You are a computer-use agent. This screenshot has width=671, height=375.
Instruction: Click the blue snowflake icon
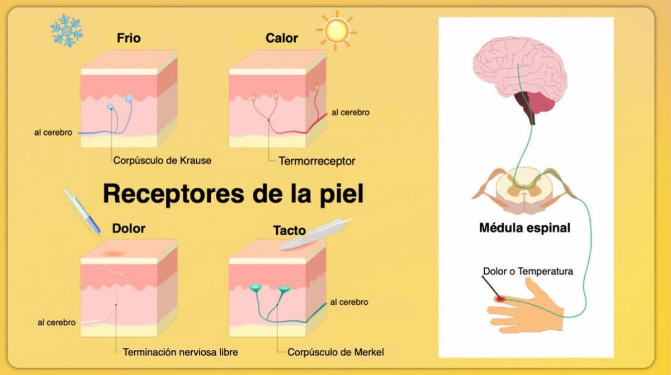click(x=67, y=31)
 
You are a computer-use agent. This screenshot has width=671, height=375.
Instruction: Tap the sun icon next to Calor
click(x=337, y=31)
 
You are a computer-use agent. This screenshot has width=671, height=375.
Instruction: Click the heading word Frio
click(x=129, y=38)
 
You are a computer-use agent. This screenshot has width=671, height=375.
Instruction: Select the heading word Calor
click(x=282, y=38)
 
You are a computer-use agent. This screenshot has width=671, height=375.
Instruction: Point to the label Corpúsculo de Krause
click(x=162, y=161)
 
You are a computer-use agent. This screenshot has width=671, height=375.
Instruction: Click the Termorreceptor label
click(x=317, y=161)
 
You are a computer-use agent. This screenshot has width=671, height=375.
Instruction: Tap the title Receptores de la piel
click(x=233, y=194)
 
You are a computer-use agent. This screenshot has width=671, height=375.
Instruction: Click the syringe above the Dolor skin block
click(x=82, y=212)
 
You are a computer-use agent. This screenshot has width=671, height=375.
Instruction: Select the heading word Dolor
click(x=129, y=229)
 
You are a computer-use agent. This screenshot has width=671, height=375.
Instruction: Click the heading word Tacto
click(x=290, y=230)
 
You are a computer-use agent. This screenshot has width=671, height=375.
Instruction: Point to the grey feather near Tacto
click(x=316, y=234)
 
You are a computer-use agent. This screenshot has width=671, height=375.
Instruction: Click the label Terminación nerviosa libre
click(x=180, y=352)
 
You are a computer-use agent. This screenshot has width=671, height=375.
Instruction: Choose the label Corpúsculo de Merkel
click(x=335, y=352)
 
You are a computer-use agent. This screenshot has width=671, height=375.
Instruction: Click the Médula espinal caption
click(x=525, y=228)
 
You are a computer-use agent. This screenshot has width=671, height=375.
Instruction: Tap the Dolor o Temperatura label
click(x=528, y=271)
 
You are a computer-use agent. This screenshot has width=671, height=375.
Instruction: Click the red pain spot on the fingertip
click(x=499, y=298)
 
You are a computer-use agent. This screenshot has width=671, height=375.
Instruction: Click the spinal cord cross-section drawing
click(x=524, y=191)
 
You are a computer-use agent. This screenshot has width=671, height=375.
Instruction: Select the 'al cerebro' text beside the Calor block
click(x=351, y=112)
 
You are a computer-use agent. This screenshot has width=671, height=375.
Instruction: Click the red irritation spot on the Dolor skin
click(x=114, y=253)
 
